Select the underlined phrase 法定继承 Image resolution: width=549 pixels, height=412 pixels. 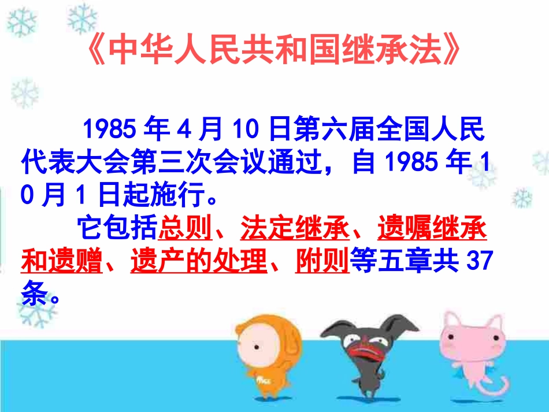pos(295,229)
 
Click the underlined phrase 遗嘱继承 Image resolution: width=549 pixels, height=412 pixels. pos(432,229)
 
